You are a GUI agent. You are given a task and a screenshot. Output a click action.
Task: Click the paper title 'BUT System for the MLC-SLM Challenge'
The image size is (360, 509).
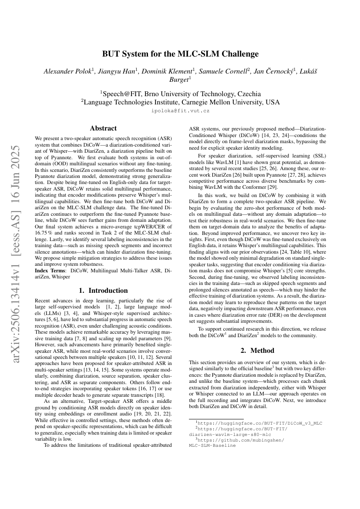click(x=180, y=54)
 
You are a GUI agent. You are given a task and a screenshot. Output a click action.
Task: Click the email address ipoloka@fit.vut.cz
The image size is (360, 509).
click(x=180, y=111)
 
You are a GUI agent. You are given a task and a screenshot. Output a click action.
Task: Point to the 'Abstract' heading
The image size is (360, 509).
click(x=103, y=128)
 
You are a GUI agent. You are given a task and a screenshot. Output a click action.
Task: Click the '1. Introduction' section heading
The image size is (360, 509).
click(x=103, y=290)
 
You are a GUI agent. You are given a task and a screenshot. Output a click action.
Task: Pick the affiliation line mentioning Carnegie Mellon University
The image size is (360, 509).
click(x=180, y=102)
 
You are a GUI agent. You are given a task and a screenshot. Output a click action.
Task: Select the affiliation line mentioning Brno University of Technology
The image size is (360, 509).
click(x=180, y=94)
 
